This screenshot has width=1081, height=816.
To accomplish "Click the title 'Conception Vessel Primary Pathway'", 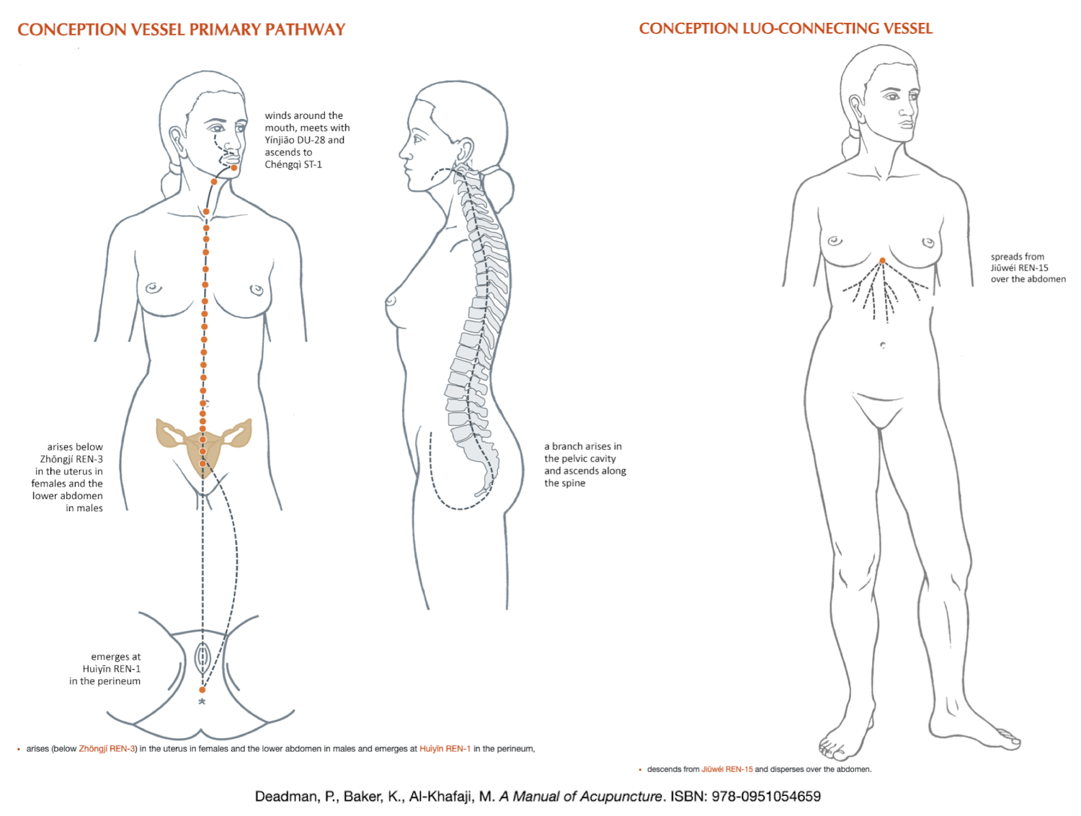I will (x=182, y=30).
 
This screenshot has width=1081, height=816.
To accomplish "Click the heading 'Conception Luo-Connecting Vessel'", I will (x=786, y=29).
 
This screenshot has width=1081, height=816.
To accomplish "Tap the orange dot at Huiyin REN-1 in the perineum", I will (x=203, y=690).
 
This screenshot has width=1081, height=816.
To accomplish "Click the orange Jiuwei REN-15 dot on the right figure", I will (x=882, y=261).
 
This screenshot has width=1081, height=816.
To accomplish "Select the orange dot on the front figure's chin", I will (x=234, y=168).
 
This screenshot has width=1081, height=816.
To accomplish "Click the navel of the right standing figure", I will (x=883, y=345).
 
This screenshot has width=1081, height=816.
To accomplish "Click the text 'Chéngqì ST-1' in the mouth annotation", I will (x=293, y=165).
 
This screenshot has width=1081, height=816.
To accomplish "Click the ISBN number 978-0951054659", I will (x=766, y=797).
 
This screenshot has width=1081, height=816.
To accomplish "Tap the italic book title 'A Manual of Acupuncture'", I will (x=580, y=797).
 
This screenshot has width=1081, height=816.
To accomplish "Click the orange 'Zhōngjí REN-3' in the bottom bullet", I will (x=107, y=749).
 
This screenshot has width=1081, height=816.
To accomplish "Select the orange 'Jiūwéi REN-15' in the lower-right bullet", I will (x=726, y=769).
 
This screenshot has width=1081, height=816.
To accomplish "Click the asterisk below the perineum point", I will (x=202, y=702).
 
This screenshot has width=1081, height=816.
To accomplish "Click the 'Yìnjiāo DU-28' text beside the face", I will (x=305, y=141).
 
